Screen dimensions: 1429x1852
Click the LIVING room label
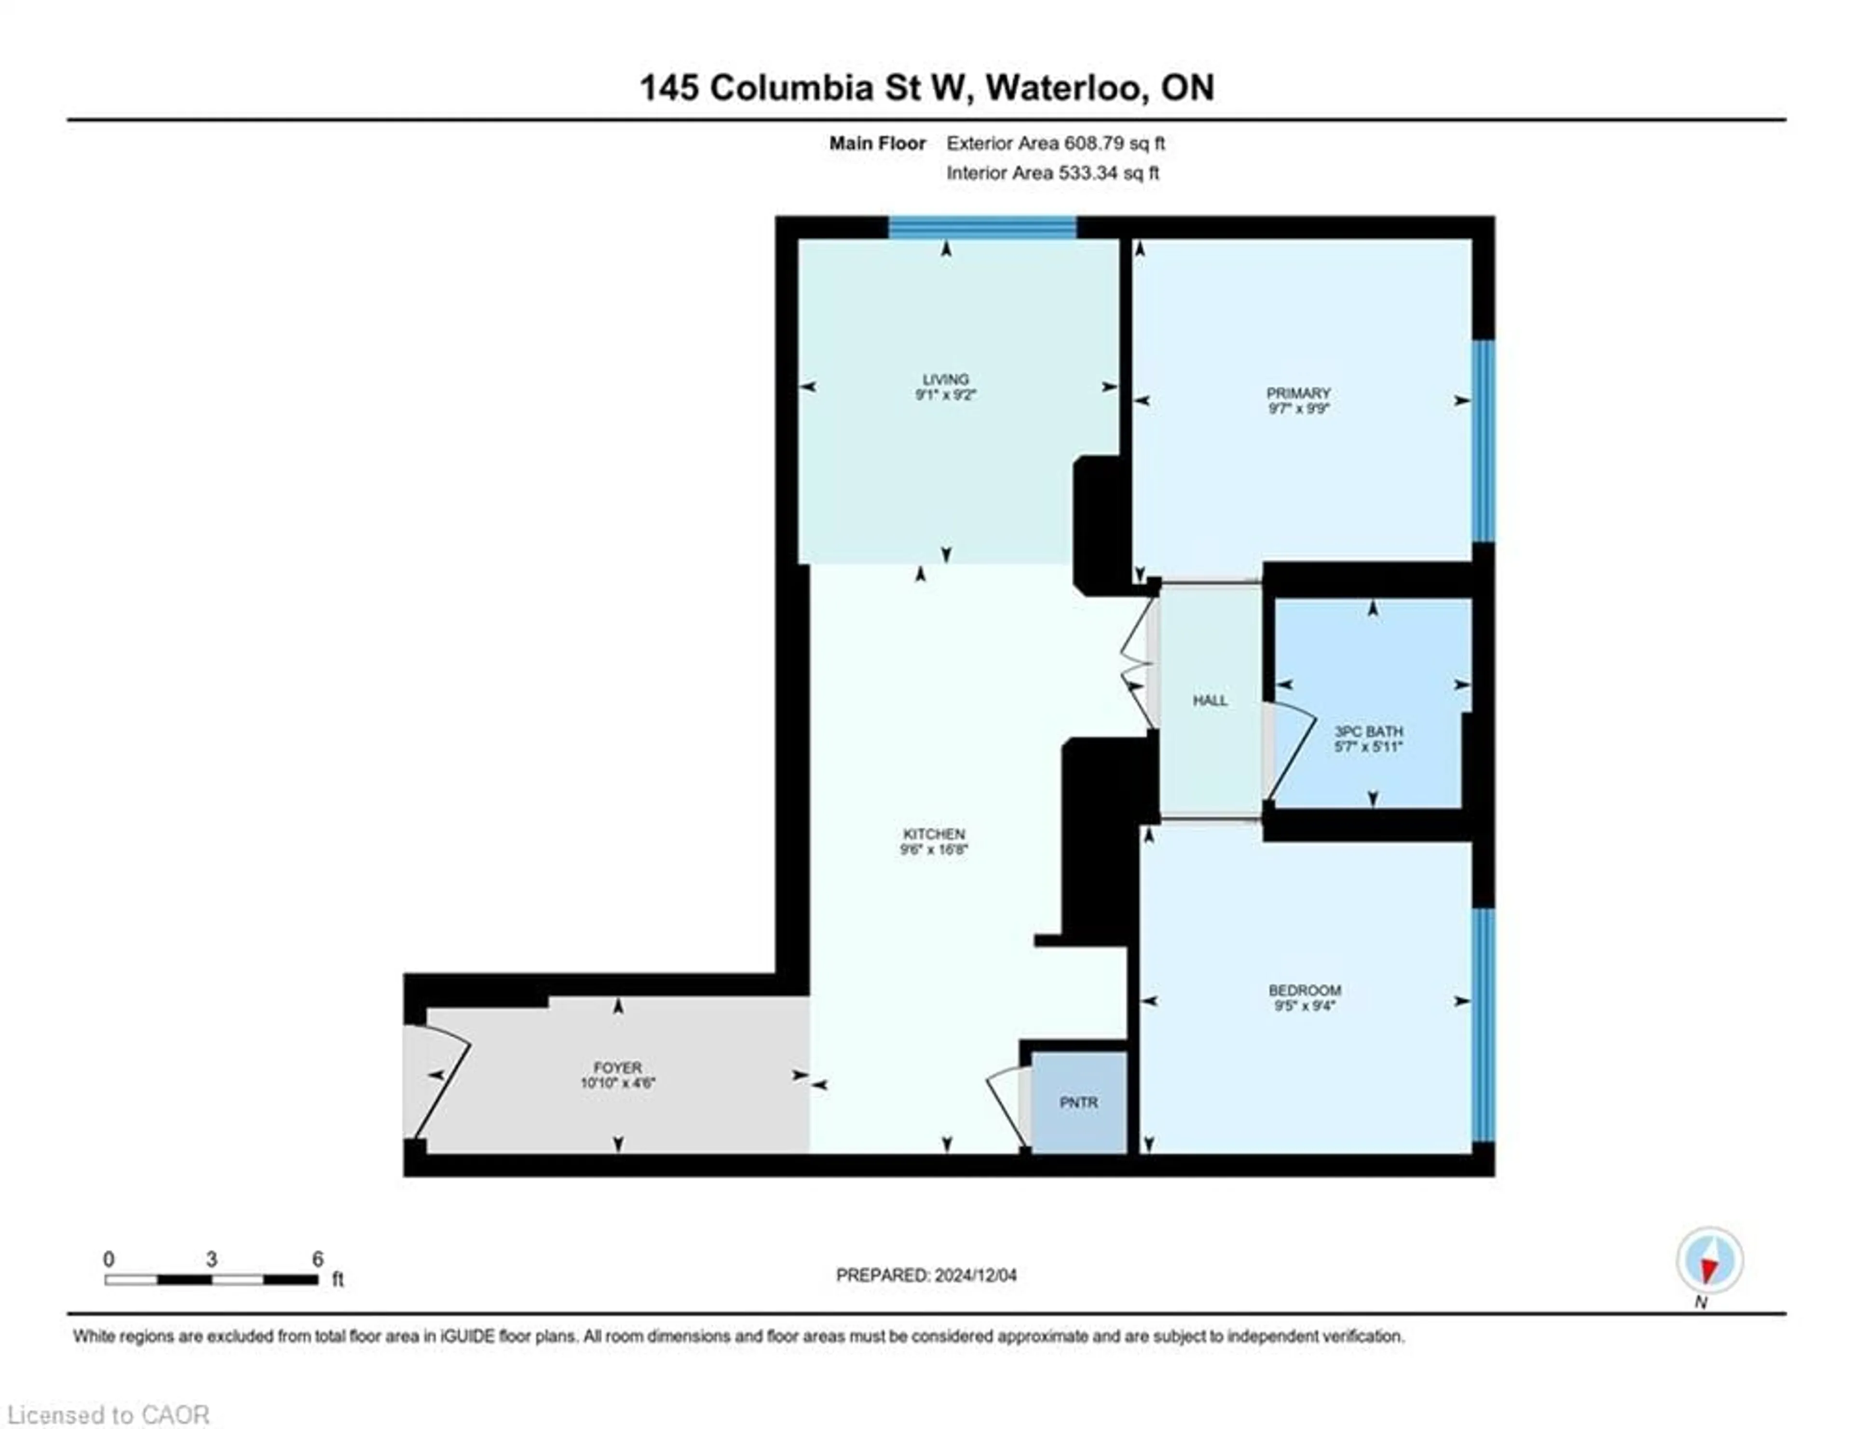pos(945,379)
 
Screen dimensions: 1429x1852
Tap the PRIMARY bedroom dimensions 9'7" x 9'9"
pos(1298,408)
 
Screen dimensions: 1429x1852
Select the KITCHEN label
pos(934,834)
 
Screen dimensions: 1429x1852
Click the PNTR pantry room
pos(1078,1103)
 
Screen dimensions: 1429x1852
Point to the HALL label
pos(1210,700)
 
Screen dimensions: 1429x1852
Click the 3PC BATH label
pos(1369,730)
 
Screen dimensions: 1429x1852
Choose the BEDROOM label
pos(1304,990)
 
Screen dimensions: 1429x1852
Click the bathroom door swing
pos(1289,750)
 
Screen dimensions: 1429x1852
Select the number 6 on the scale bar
pos(317,1259)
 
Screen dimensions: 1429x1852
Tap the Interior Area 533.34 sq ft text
pos(1052,173)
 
